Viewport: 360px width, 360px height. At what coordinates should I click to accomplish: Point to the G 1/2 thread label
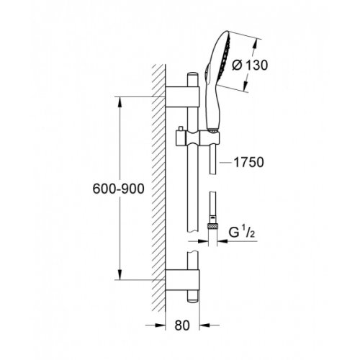pos(244,232)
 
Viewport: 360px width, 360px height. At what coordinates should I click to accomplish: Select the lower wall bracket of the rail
pos(182,275)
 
